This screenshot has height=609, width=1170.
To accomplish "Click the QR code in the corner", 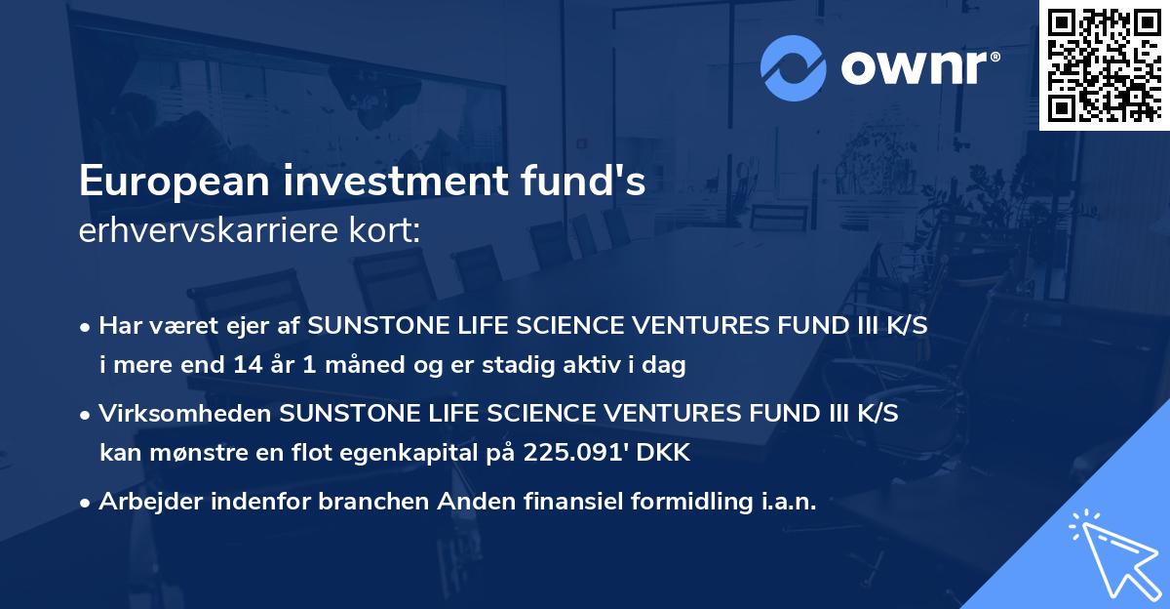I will (x=1104, y=65).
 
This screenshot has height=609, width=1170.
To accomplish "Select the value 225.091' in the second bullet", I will (x=557, y=452).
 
